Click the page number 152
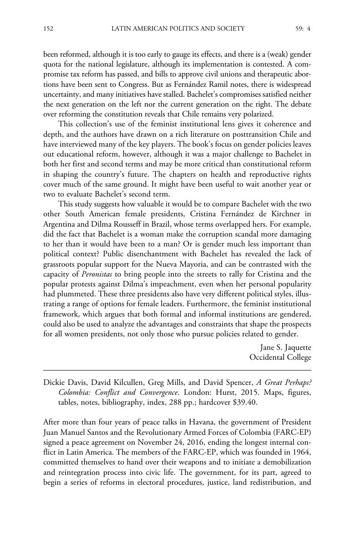48,29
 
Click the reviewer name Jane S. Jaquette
285,348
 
